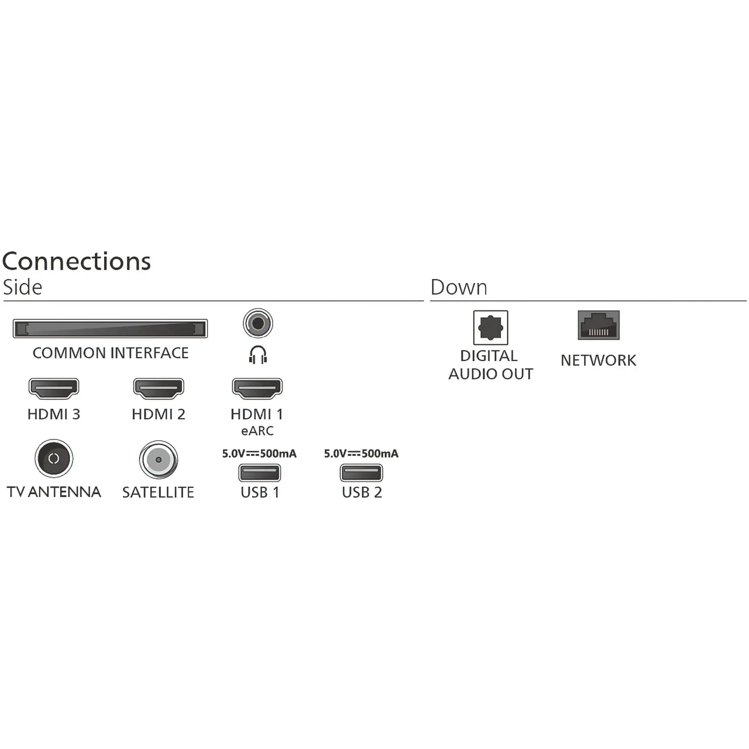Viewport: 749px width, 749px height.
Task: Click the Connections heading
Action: coord(76,261)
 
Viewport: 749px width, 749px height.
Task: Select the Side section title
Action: coord(22,287)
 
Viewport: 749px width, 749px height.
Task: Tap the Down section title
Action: coord(459,287)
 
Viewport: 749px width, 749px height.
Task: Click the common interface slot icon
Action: coord(110,329)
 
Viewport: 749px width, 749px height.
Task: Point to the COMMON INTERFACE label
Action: coord(110,353)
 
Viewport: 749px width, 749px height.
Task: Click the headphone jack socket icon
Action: coord(258,323)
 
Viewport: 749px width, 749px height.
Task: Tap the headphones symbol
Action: coord(258,355)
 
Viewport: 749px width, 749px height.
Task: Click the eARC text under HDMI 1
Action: coord(257,431)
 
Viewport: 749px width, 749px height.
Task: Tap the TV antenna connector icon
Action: coord(54,459)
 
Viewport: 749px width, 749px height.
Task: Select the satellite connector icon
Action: coord(158,460)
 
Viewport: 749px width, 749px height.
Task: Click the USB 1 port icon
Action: coord(260,473)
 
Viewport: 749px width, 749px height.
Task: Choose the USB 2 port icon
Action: coord(361,473)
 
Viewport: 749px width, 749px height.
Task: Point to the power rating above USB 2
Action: coord(361,454)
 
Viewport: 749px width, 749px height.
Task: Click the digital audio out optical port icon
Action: coord(491,328)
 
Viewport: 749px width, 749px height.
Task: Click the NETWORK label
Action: coord(598,361)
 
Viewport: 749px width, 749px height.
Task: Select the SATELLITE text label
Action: coord(158,493)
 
